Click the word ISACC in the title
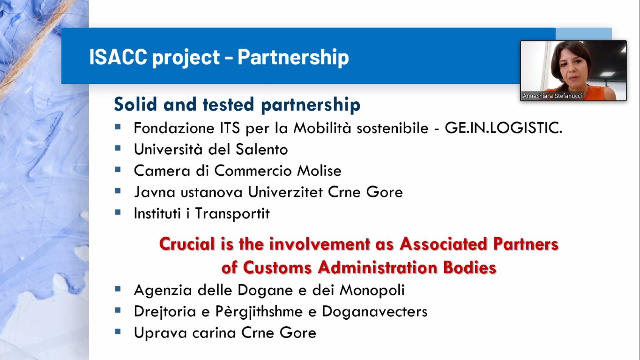point(118,57)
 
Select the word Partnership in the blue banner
point(293,58)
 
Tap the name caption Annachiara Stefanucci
point(552,96)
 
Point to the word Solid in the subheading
point(135,104)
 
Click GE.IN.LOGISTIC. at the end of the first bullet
point(503,128)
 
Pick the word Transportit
point(232,213)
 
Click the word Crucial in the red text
point(187,244)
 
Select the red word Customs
point(277,268)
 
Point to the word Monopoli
point(372,290)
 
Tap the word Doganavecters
point(374,311)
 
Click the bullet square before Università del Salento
point(118,148)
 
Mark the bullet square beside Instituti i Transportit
point(118,212)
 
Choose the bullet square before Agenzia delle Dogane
point(118,289)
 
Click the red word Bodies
point(470,268)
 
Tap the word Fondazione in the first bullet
point(174,128)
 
